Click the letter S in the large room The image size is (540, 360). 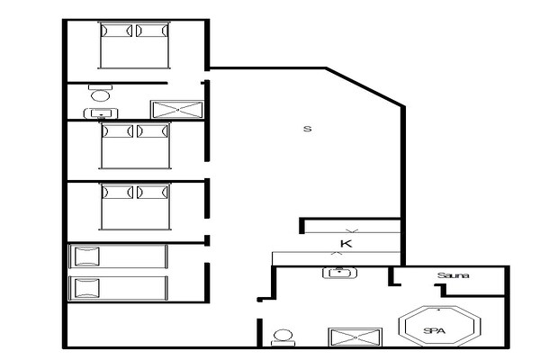(x=307, y=129)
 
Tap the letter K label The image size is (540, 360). (x=345, y=244)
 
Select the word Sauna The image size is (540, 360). (x=454, y=275)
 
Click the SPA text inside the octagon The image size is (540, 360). (x=435, y=330)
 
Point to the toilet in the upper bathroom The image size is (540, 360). (x=100, y=94)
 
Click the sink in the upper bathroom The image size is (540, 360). (x=100, y=113)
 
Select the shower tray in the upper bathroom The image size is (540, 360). (x=176, y=110)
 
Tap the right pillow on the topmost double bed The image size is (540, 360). (x=151, y=31)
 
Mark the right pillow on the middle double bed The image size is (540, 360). (x=152, y=131)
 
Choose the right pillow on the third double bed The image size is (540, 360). (x=152, y=193)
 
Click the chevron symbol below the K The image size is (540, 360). (x=338, y=255)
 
